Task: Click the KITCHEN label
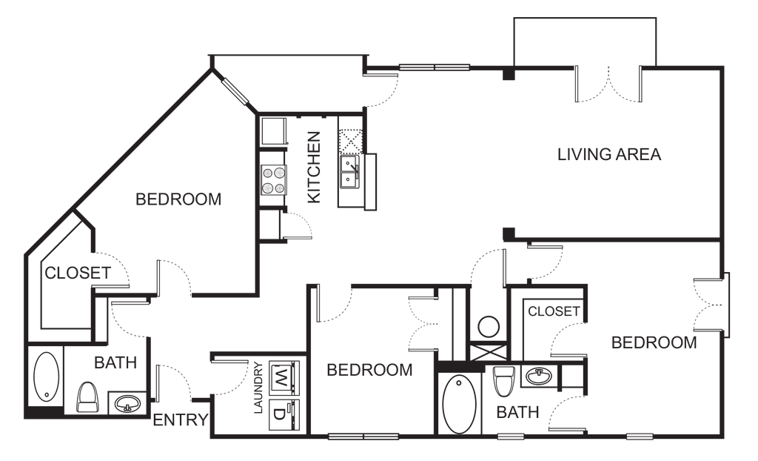[x=314, y=167]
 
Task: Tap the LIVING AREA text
[x=609, y=154]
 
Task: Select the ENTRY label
[x=181, y=419]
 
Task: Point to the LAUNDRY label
[x=258, y=388]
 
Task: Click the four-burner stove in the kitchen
[x=274, y=180]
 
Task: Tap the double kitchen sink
[x=349, y=172]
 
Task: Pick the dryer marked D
[x=284, y=415]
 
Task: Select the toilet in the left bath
[x=87, y=397]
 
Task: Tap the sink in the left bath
[x=127, y=403]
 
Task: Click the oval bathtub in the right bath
[x=460, y=405]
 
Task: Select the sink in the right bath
[x=539, y=376]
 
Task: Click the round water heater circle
[x=489, y=327]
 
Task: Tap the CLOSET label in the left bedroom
[x=78, y=273]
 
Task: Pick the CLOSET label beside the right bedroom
[x=554, y=311]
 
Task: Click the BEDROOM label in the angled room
[x=178, y=199]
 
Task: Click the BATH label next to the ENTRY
[x=115, y=362]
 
